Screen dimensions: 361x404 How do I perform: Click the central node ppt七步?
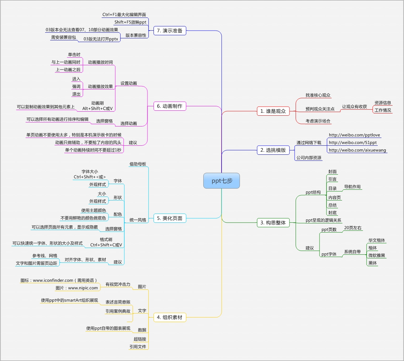[222, 181]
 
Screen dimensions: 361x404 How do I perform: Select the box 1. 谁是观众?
[273, 111]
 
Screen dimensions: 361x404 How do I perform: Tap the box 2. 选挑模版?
[273, 150]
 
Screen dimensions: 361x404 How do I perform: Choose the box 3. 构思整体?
[273, 223]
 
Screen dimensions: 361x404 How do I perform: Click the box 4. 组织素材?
[170, 317]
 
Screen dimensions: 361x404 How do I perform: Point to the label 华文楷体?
[377, 240]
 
